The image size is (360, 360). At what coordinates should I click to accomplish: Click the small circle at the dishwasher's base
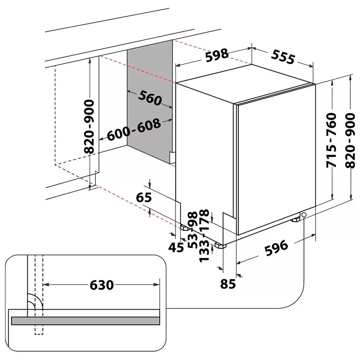tap(304, 215)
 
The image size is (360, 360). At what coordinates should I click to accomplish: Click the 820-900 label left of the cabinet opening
tap(90, 126)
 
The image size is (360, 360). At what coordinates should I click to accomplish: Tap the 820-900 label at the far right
tap(350, 140)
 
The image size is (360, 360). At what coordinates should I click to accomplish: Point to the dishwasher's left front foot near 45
tap(185, 228)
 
